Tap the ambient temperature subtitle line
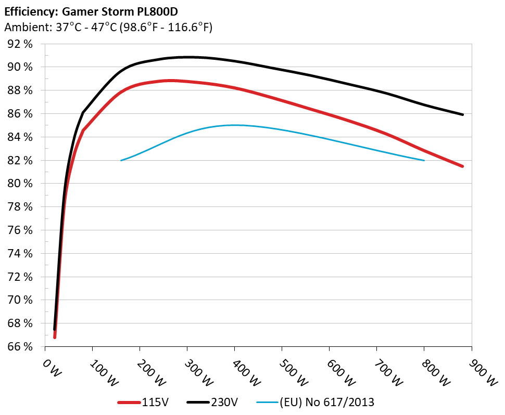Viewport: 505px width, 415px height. coord(108,28)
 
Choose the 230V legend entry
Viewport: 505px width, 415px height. coord(224,402)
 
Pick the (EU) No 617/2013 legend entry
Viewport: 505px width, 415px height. coord(327,402)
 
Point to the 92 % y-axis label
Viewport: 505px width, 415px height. coord(20,44)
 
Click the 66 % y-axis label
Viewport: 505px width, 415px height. coord(20,347)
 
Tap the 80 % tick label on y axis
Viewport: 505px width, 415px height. coord(20,184)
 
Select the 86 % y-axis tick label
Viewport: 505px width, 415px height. coord(20,114)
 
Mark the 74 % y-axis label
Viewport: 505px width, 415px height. coord(20,254)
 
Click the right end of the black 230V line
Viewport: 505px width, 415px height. coord(462,114)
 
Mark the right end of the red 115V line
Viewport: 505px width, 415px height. coord(462,166)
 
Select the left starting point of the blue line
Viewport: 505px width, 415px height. coord(121,160)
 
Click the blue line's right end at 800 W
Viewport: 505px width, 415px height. coord(424,160)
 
